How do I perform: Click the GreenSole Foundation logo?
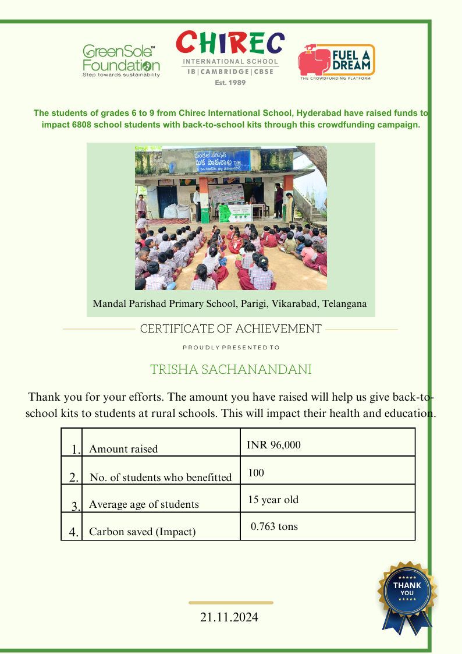tap(121, 61)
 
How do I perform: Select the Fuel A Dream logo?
tap(336, 61)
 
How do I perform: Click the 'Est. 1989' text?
tap(230, 83)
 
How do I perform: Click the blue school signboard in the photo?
tap(223, 161)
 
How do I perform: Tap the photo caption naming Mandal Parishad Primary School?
tap(230, 304)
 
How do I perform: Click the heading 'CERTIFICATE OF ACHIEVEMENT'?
tap(230, 329)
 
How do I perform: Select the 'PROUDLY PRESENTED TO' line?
tap(231, 347)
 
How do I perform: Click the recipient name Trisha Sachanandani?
tap(231, 370)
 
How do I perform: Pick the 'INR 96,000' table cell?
tap(273, 445)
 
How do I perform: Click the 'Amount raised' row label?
tap(123, 449)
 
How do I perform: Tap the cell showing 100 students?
tap(256, 472)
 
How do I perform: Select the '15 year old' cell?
tap(273, 500)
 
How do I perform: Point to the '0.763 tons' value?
tap(274, 526)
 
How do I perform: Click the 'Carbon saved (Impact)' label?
tap(142, 532)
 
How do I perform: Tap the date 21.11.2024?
tap(229, 617)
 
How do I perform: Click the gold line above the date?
tap(231, 602)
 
